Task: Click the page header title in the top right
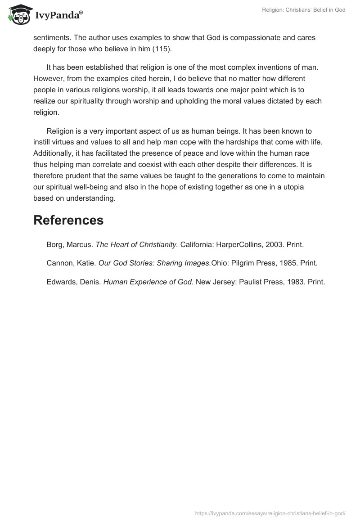[304, 10]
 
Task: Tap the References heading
[68, 220]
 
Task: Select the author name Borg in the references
[56, 245]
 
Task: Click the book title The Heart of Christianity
[137, 245]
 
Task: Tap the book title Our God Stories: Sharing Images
[154, 263]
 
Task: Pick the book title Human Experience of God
[148, 282]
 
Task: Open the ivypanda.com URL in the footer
[270, 513]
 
